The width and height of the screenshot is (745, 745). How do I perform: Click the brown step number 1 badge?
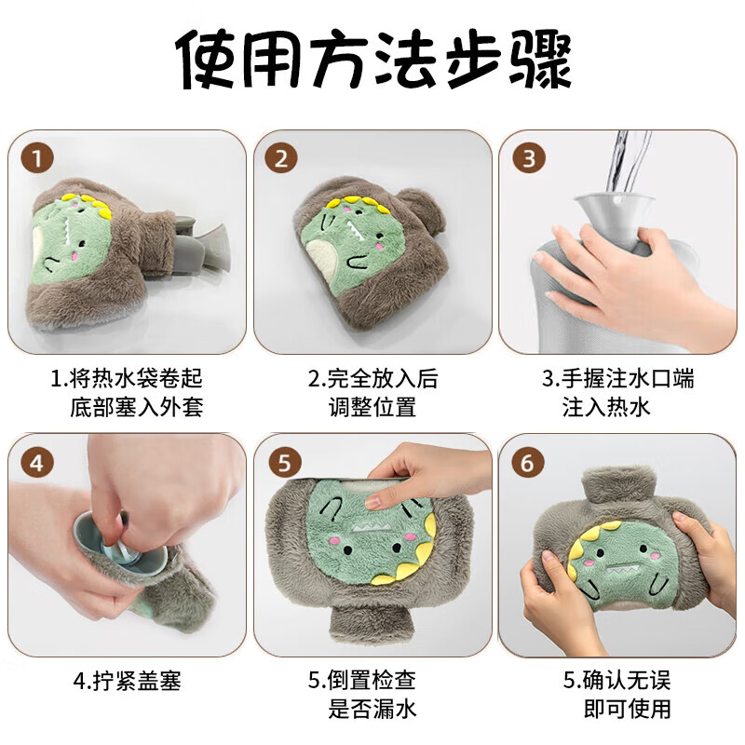[x=37, y=158]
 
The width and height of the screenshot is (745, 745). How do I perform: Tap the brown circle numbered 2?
[x=282, y=158]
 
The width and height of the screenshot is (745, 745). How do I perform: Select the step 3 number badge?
[x=529, y=158]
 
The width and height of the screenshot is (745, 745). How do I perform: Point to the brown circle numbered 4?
[x=37, y=462]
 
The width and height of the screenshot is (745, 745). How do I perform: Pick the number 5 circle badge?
[x=285, y=462]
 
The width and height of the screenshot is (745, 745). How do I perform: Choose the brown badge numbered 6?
[x=528, y=462]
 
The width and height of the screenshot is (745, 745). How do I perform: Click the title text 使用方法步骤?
[x=373, y=60]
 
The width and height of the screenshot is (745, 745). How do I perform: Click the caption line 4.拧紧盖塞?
[x=128, y=681]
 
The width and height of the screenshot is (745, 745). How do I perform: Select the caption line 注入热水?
[x=606, y=407]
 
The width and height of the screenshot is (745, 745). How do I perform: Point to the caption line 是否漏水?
[x=372, y=709]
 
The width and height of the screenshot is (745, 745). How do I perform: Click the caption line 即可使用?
[x=627, y=709]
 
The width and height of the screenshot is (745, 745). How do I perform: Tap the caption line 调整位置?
[x=372, y=407]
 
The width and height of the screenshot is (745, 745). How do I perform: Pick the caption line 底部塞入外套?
[x=137, y=407]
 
